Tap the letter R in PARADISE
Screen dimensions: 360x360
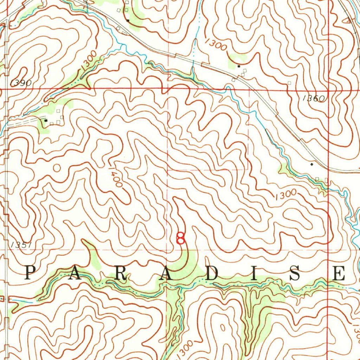point(120,274)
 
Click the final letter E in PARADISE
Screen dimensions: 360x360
point(339,274)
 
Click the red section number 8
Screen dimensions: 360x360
point(180,238)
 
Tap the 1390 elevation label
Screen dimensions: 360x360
point(21,83)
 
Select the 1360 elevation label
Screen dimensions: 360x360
point(314,98)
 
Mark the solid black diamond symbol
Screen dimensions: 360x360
point(311,164)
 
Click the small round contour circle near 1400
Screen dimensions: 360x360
point(57,168)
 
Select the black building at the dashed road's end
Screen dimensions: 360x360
point(46,120)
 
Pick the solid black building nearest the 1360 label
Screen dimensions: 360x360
point(239,66)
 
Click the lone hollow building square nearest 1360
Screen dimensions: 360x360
point(289,83)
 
